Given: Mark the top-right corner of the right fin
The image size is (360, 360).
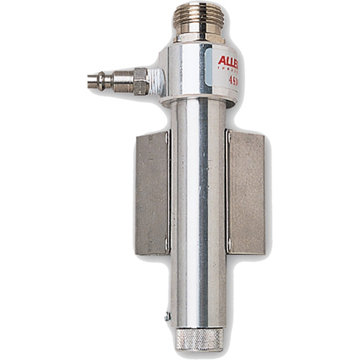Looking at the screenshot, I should tap(264, 132).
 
